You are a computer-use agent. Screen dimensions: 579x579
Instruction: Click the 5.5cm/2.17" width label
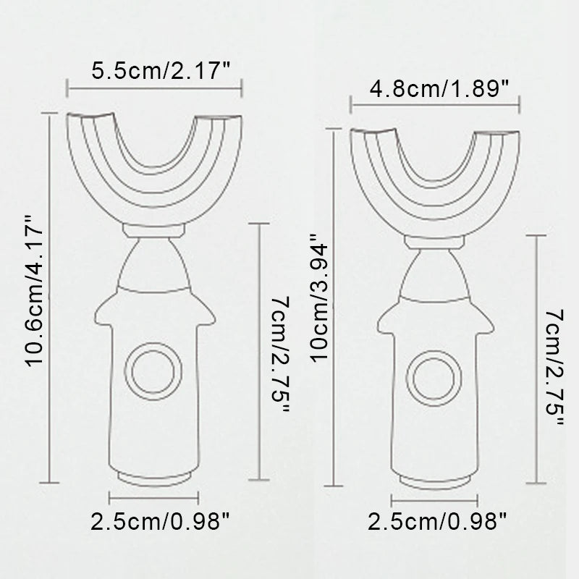pos(161,70)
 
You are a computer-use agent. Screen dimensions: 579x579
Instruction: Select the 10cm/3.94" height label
pos(319,297)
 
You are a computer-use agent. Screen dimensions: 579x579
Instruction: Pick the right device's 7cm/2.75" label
pos(554,368)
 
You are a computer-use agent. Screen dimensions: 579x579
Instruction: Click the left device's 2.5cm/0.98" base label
pos(160,522)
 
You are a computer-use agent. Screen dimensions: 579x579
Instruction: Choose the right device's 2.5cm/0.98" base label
pos(438,522)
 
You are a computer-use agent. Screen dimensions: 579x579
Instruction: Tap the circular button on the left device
pos(153,371)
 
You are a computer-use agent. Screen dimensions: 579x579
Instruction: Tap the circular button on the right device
pos(434,378)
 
